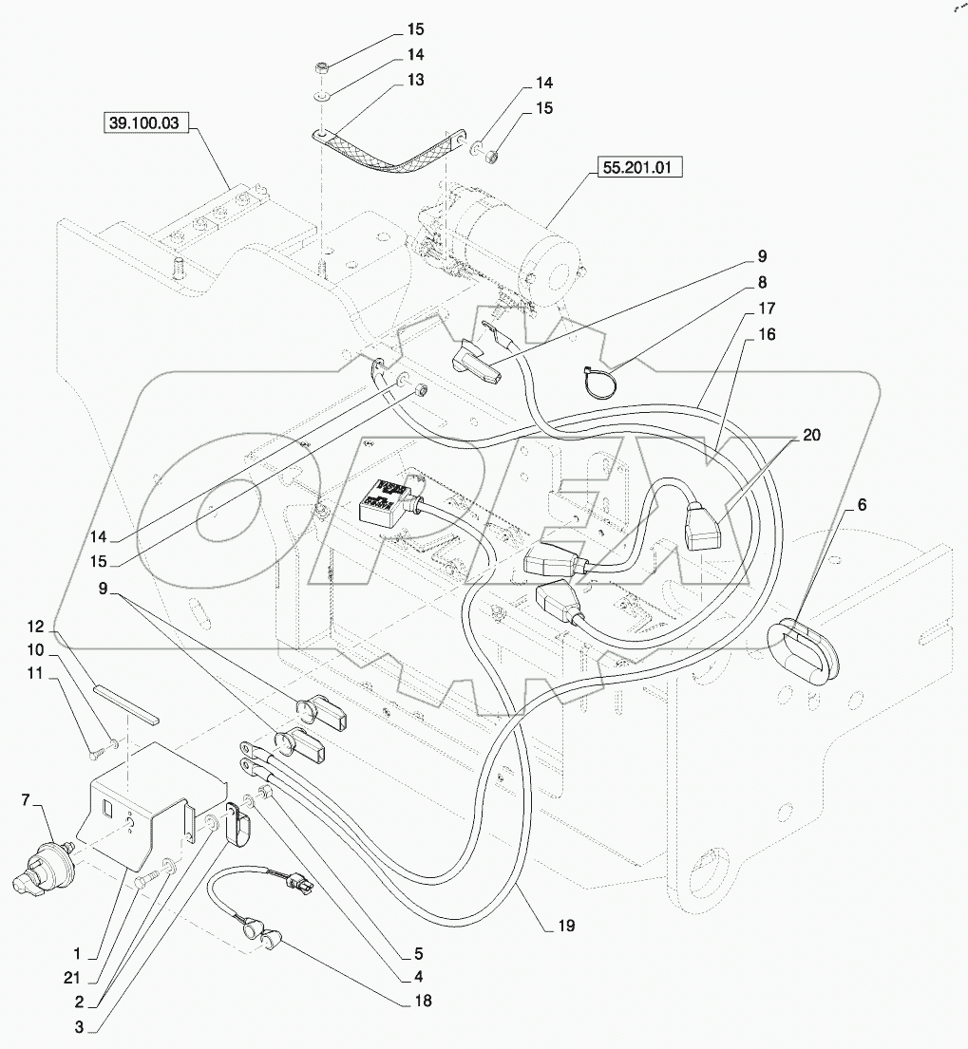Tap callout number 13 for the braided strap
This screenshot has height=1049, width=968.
pos(415,79)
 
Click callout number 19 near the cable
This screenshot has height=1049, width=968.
pos(567,924)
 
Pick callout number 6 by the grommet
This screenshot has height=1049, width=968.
pos(861,506)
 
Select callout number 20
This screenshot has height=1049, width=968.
pos(810,436)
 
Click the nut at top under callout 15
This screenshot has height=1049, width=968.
pos(323,69)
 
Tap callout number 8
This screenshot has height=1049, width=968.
pos(762,283)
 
